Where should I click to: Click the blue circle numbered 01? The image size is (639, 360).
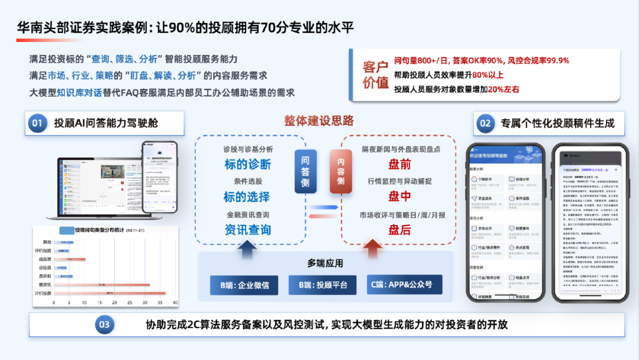(x=37, y=123)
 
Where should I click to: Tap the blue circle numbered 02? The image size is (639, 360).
(x=485, y=123)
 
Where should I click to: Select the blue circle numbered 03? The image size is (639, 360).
(x=104, y=324)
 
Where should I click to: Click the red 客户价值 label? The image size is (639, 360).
(x=375, y=75)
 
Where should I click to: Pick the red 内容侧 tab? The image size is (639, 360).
(x=341, y=172)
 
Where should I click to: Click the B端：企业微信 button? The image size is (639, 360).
(x=244, y=285)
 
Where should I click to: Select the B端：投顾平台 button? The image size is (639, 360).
(x=322, y=285)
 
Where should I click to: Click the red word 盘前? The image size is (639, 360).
(x=399, y=164)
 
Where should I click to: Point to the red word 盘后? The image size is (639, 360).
(x=399, y=230)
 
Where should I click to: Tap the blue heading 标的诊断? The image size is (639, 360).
(x=247, y=164)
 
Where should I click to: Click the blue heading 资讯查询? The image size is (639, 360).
(x=247, y=230)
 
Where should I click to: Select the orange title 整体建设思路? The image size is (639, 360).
(x=319, y=121)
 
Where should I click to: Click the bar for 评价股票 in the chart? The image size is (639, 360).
(x=109, y=293)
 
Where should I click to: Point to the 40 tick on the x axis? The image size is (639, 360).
(x=175, y=303)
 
